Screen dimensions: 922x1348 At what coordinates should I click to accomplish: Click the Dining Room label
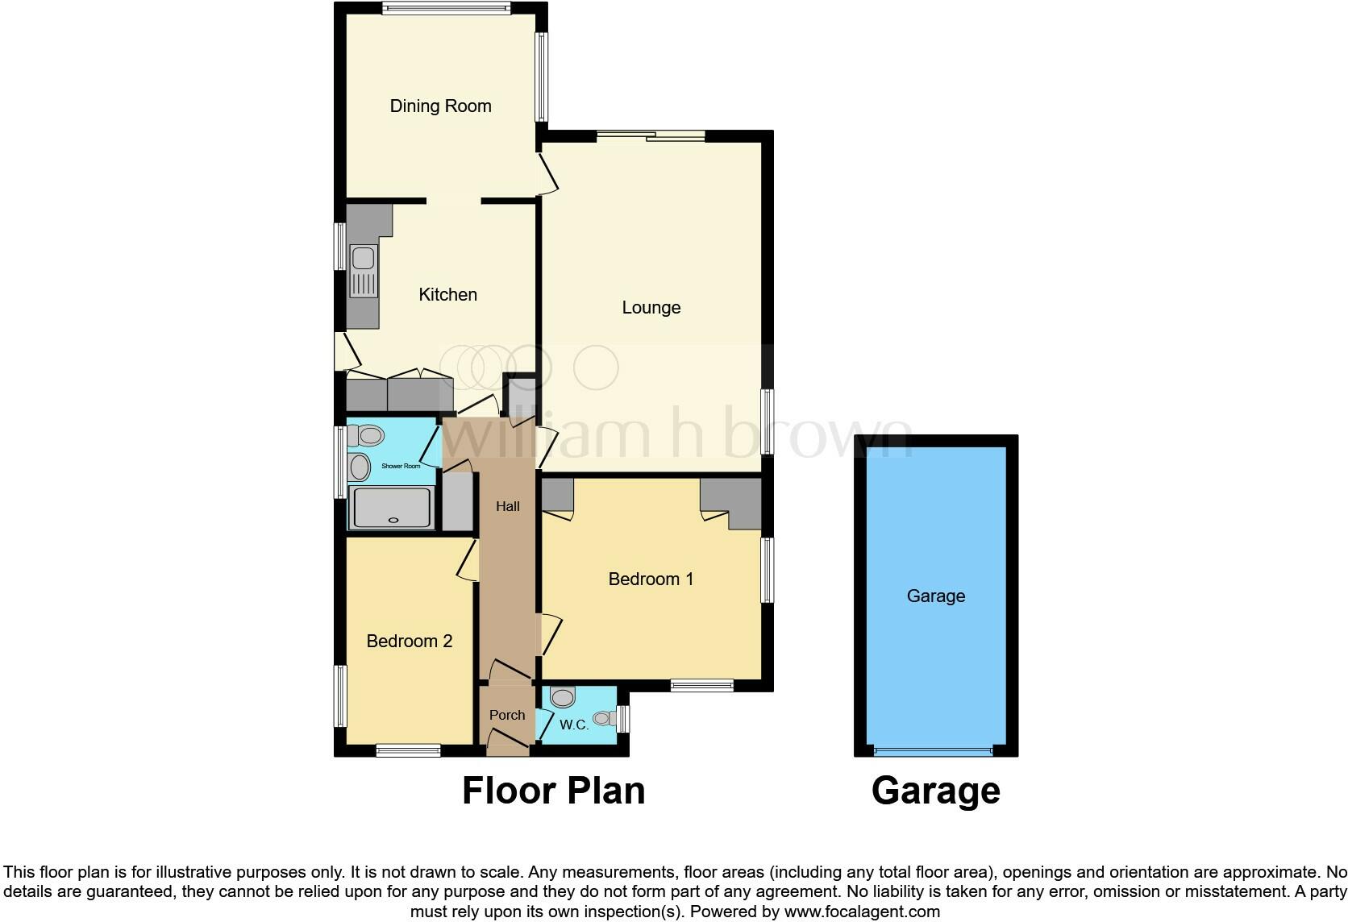440,106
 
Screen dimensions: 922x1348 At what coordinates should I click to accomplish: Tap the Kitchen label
447,294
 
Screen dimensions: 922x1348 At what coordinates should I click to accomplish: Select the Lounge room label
651,307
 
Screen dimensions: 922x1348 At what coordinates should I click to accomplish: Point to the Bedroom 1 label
651,579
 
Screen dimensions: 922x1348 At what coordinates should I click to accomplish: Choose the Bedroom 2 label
409,641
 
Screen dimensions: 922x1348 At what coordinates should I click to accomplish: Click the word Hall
507,506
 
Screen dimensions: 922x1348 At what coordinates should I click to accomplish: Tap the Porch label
506,715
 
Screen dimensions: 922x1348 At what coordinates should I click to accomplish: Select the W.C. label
574,725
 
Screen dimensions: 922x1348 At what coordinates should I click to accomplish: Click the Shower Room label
401,466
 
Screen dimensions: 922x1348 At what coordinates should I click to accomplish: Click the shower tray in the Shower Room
393,508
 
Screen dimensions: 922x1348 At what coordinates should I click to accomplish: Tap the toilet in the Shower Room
366,436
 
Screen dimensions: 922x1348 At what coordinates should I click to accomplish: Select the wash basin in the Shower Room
359,467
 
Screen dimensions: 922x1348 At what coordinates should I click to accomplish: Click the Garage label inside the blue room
935,596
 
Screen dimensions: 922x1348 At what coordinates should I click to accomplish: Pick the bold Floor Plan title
553,791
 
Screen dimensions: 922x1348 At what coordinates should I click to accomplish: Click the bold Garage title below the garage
935,791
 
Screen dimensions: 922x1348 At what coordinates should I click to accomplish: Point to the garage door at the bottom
935,751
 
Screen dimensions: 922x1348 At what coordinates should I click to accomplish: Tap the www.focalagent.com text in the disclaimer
862,912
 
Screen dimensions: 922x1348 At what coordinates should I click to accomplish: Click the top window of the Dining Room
446,9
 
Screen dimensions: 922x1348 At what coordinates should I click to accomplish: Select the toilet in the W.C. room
562,696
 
